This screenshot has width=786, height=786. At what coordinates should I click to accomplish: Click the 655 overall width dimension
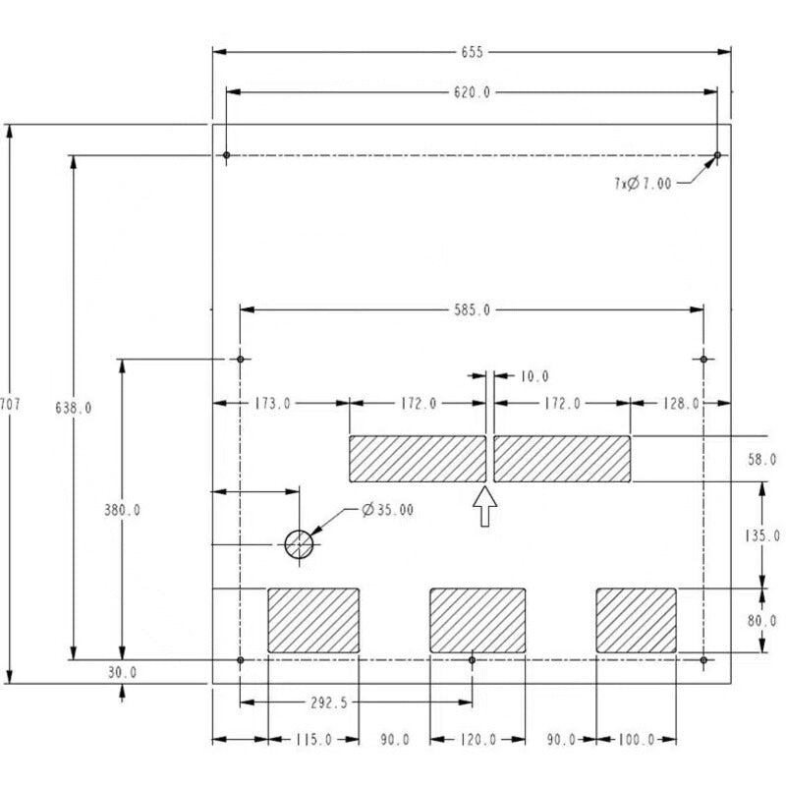(472, 52)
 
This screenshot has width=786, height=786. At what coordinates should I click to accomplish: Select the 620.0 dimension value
(472, 92)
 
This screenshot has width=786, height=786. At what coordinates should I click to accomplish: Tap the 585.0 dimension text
(472, 310)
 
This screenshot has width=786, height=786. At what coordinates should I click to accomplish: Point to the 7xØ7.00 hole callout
(643, 184)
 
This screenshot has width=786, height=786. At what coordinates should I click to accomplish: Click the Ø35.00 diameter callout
(387, 510)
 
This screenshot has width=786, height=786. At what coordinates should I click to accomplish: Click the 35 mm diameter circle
(299, 531)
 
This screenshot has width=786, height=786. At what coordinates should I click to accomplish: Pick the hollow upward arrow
(484, 506)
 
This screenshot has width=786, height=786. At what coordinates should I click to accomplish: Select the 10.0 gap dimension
(534, 376)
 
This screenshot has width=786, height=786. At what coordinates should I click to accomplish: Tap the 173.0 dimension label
(272, 404)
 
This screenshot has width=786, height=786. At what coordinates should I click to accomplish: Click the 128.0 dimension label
(681, 404)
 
